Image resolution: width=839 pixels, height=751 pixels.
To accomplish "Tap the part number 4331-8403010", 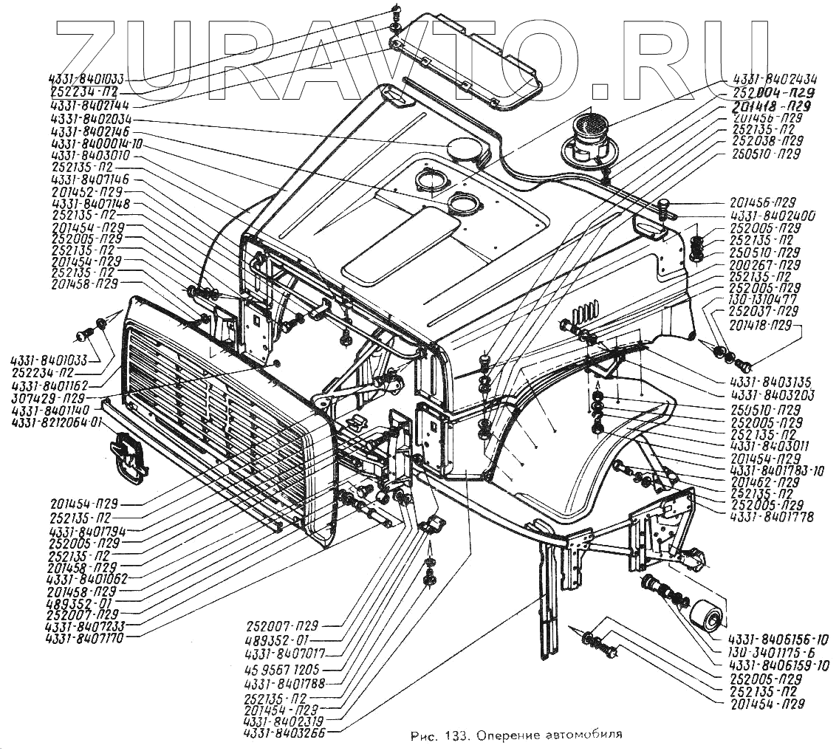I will pos(92,156).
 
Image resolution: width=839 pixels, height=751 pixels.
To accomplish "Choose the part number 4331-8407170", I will pos(82,637).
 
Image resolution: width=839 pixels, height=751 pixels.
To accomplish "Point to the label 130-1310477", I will pos(761,299).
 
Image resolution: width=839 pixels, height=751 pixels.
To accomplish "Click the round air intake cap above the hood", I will pos(589,140).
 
